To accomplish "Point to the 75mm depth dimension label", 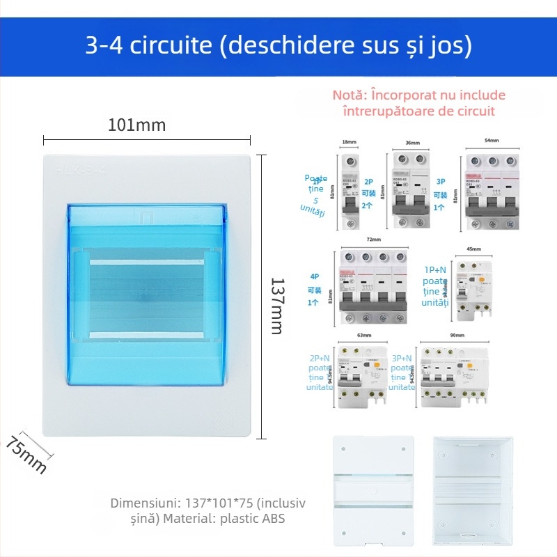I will point(27,454).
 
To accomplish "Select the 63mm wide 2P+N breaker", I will point(361,376).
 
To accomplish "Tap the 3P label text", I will point(440,182).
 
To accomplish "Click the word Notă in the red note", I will point(348,95).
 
